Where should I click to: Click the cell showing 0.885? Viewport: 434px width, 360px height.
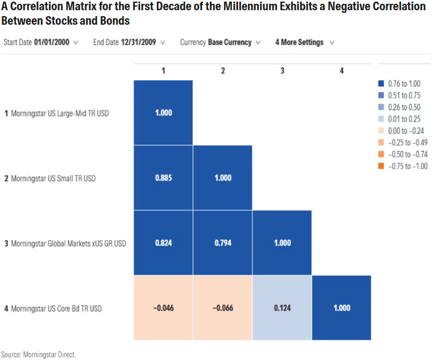tap(163, 178)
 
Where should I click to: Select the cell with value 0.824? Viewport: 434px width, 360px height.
tap(163, 243)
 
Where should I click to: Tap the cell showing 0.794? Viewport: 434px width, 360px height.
tap(222, 243)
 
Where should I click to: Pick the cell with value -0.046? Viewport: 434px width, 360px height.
tap(163, 308)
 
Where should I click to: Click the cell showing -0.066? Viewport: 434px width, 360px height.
tap(222, 308)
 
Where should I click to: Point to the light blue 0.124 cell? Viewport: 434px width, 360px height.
tap(282, 308)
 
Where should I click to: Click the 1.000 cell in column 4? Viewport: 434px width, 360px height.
tap(342, 308)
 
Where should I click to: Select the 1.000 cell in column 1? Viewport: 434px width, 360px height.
tap(163, 113)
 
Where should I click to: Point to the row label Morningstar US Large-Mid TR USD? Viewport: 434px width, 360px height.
tap(59, 113)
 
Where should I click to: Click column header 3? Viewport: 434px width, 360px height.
tap(282, 71)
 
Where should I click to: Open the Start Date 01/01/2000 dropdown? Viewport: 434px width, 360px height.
tap(41, 42)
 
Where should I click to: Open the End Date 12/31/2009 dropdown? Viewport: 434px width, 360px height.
tap(129, 42)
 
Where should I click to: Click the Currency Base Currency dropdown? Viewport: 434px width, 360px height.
tap(220, 42)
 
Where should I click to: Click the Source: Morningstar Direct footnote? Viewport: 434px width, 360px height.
tap(38, 354)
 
